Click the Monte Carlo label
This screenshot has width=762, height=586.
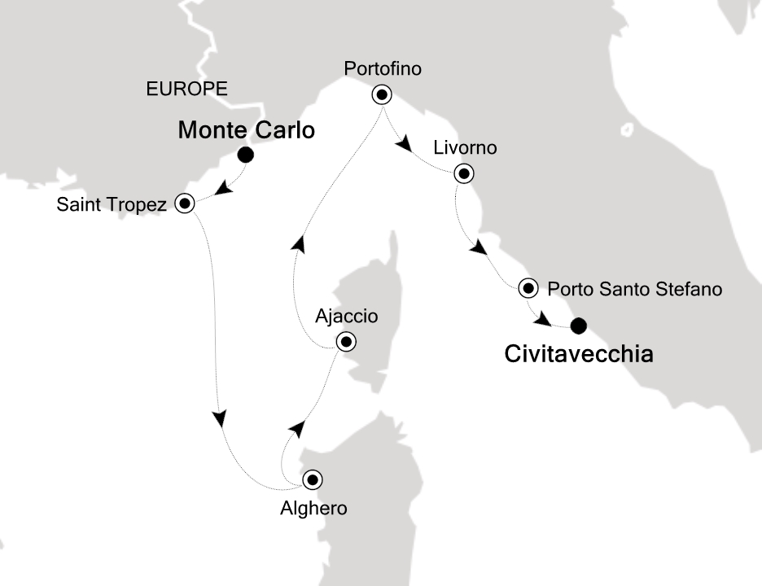pyautogui.click(x=246, y=131)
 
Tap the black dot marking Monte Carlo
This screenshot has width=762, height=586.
pyautogui.click(x=245, y=155)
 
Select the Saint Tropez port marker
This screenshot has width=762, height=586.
pyautogui.click(x=185, y=203)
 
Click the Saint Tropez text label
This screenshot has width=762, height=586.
pyautogui.click(x=111, y=204)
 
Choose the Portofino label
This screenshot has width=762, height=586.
pyautogui.click(x=383, y=69)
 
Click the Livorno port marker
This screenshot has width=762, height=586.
pyautogui.click(x=463, y=173)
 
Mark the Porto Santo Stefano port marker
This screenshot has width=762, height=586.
pyautogui.click(x=528, y=287)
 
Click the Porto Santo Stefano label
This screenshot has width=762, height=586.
pyautogui.click(x=634, y=288)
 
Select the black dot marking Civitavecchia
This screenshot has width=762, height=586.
pyautogui.click(x=578, y=326)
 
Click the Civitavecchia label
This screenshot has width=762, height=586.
pyautogui.click(x=579, y=355)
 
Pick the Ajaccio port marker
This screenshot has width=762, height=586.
pyautogui.click(x=347, y=342)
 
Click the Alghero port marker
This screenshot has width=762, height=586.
pyautogui.click(x=313, y=479)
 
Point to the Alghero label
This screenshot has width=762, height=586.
pyautogui.click(x=313, y=509)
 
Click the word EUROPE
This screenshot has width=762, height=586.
pyautogui.click(x=186, y=89)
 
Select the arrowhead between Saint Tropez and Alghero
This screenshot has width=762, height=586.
pyautogui.click(x=219, y=418)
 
